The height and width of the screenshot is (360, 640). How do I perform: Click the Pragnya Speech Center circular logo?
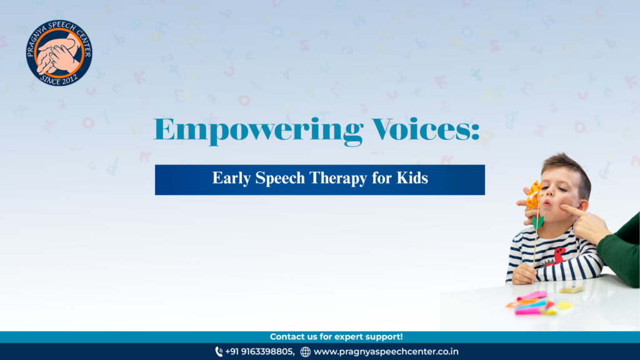point(59,52)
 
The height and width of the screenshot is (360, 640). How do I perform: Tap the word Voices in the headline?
point(426,129)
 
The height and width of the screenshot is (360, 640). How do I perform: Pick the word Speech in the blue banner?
point(279,178)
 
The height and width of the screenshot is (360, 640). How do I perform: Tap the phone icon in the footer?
point(219,351)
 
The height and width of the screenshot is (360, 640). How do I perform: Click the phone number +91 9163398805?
point(259,351)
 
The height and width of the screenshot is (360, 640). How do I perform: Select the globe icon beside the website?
point(305,352)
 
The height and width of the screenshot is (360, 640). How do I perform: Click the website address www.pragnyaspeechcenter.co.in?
point(386,351)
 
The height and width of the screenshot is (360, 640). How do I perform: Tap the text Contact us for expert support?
point(336,337)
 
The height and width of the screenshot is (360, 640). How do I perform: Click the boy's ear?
point(584,206)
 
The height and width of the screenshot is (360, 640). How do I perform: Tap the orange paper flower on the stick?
point(533,196)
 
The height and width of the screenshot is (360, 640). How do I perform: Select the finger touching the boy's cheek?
point(571,211)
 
